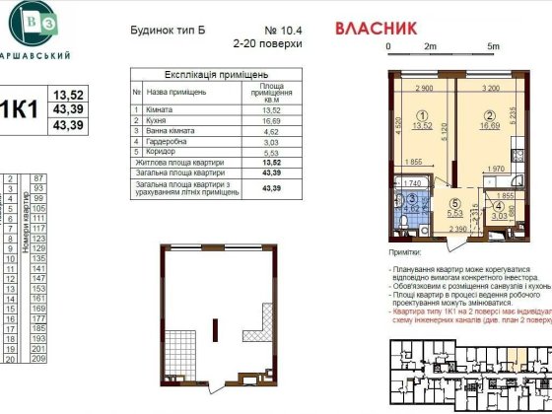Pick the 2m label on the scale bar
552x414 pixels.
tap(430, 46)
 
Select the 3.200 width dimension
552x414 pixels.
tap(490, 88)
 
